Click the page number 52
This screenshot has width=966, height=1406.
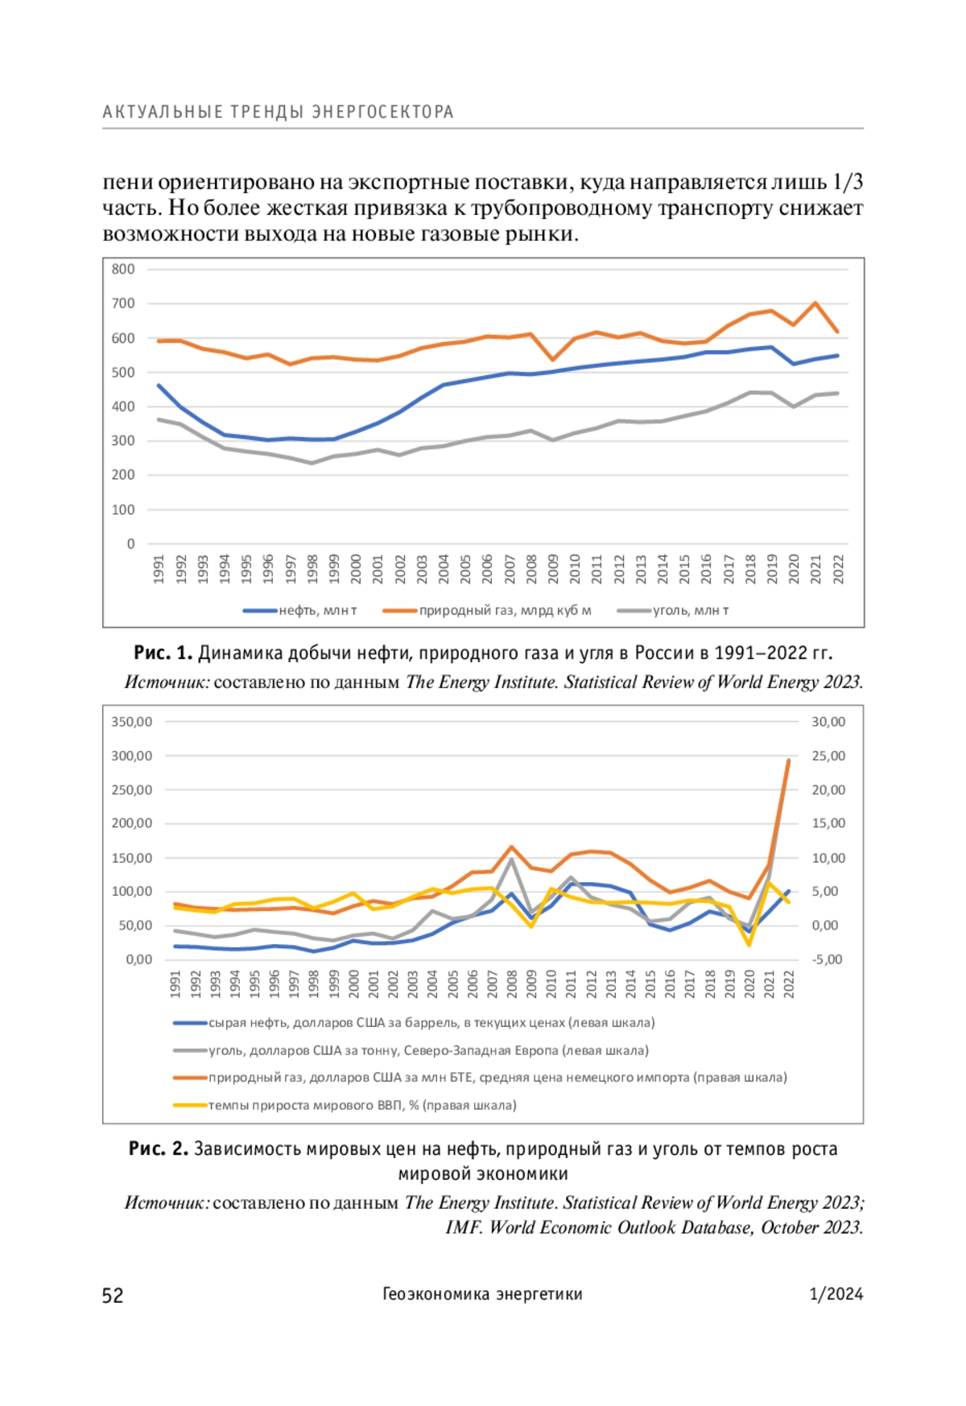pos(113,1295)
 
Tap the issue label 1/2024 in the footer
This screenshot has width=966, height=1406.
pos(836,1294)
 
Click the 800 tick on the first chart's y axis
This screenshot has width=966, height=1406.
pos(123,270)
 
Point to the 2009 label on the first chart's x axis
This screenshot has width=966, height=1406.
pos(553,569)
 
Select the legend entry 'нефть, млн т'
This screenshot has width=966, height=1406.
pos(300,611)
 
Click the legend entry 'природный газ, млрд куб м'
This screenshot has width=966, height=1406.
pos(487,611)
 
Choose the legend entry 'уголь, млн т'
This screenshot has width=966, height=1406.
pos(673,611)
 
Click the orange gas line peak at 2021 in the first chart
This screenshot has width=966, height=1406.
pos(815,303)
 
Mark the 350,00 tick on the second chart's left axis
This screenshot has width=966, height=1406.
pos(132,722)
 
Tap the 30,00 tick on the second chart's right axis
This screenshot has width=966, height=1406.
pos(828,722)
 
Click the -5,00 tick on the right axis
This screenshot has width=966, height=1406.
pos(827,959)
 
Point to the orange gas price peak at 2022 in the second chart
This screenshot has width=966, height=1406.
pos(788,761)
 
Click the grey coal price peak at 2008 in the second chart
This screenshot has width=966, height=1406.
pos(511,859)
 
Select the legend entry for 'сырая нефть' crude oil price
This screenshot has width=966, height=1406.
pos(415,1023)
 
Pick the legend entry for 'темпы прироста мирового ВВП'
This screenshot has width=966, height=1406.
pos(345,1105)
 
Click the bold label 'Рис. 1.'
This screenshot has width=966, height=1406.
pos(163,653)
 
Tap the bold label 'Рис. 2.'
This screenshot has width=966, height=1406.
pos(159,1149)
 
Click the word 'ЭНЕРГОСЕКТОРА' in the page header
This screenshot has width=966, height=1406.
pos(383,112)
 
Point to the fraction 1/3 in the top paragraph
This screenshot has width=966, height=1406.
pos(848,183)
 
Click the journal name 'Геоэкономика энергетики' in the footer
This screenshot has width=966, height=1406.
pos(482,1294)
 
